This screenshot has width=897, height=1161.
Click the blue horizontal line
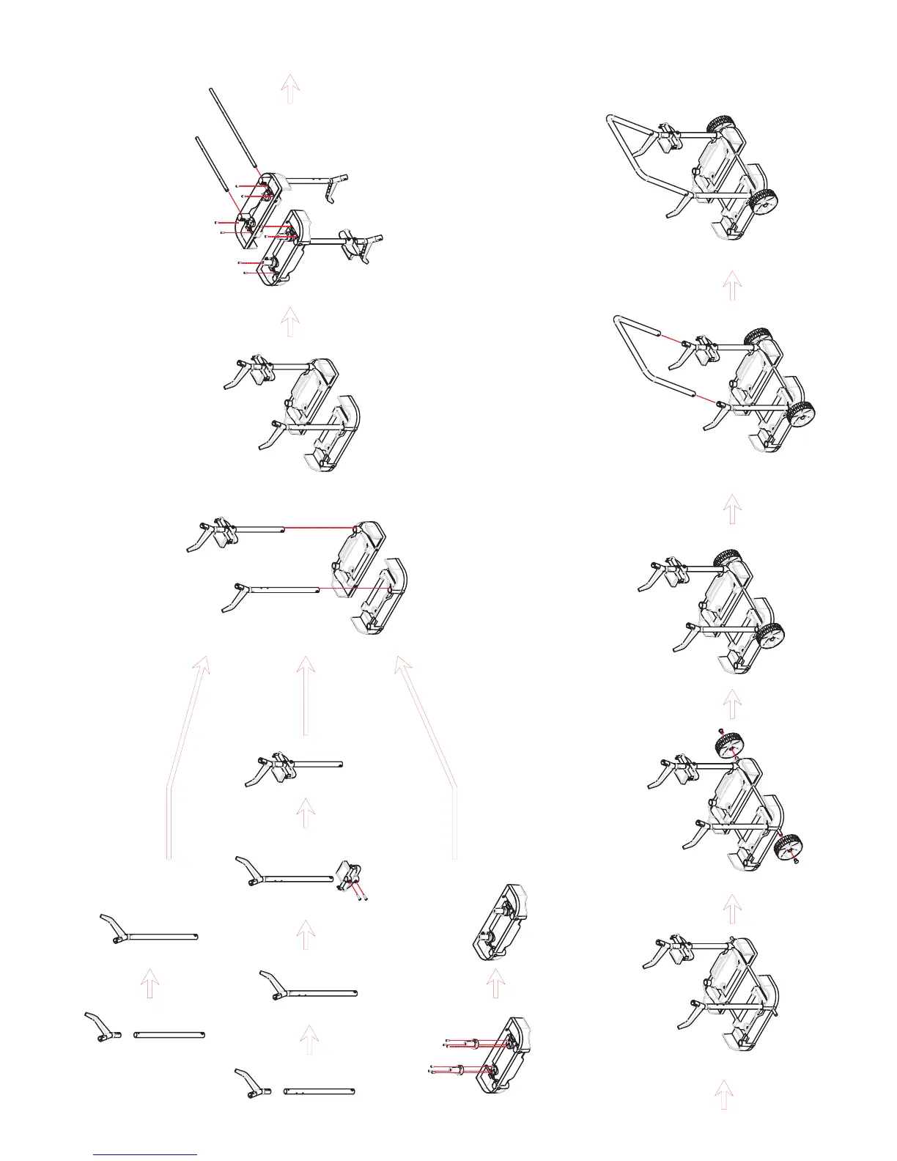145,1154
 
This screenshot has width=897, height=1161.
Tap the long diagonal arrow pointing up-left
429,755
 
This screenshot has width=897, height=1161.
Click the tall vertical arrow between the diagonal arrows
306,696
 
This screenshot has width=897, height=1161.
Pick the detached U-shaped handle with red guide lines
638,352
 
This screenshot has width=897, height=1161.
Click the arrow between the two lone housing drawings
496,983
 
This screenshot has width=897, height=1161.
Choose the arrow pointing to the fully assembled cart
731,286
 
